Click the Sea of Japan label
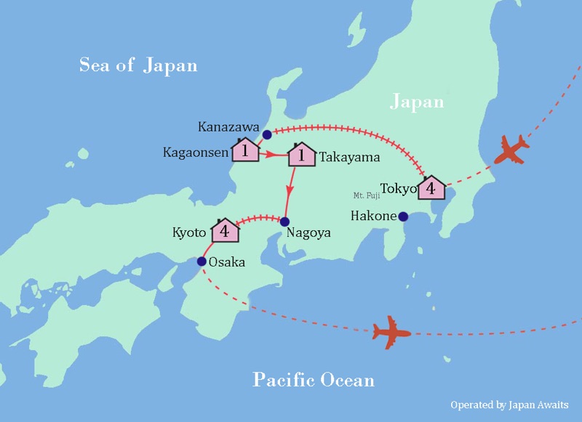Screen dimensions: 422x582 click(138, 65)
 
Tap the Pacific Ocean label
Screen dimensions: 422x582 click(314, 379)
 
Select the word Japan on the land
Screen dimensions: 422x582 click(417, 101)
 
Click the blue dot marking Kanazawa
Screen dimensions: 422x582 click(267, 134)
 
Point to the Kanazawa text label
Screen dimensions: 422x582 click(228, 127)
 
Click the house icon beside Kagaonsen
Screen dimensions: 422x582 click(246, 150)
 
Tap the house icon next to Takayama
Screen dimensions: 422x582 click(301, 154)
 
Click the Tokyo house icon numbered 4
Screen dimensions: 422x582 click(431, 187)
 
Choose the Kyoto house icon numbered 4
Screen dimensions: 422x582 click(226, 230)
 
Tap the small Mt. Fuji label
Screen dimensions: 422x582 click(366, 195)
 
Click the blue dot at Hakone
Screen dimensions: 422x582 click(402, 216)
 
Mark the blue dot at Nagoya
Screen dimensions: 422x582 click(284, 222)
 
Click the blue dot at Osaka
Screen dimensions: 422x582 click(202, 261)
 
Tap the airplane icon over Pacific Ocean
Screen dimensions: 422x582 click(391, 332)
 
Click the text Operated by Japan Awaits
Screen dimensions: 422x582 click(509, 405)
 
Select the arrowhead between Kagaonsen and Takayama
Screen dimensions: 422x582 click(271, 154)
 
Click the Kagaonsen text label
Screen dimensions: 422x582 click(195, 153)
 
